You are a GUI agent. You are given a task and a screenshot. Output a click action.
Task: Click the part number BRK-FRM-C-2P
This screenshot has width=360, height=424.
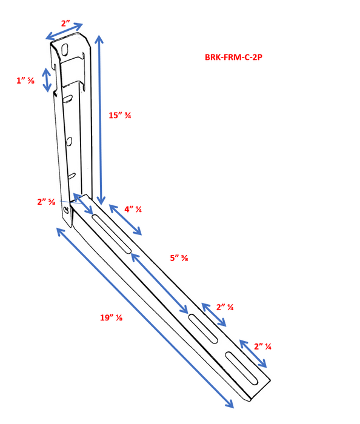[x=233, y=58]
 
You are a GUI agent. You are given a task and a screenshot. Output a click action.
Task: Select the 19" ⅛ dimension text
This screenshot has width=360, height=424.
[x=112, y=317]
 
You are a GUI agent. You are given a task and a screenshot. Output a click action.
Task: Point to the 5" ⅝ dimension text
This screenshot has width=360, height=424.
[x=178, y=257]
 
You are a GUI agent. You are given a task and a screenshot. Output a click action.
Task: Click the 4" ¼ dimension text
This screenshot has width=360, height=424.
[x=133, y=210]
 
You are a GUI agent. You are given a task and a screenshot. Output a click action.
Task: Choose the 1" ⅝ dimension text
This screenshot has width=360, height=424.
[x=25, y=80]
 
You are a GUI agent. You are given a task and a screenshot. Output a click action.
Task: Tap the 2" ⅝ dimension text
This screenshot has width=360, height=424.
[x=46, y=202]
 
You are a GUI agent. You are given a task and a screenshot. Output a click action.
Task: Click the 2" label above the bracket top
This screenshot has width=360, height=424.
[x=65, y=23]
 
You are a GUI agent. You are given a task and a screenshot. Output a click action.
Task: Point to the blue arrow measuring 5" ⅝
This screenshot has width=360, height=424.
[x=159, y=283]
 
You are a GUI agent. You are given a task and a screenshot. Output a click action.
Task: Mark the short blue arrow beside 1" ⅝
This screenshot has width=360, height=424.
[x=47, y=80]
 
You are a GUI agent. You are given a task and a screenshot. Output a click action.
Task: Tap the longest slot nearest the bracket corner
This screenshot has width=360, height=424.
[x=112, y=232]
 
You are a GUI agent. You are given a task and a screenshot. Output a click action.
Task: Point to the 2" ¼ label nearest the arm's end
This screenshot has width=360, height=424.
[x=262, y=346]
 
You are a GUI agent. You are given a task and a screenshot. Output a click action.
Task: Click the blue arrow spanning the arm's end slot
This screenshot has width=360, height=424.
[x=253, y=354]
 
